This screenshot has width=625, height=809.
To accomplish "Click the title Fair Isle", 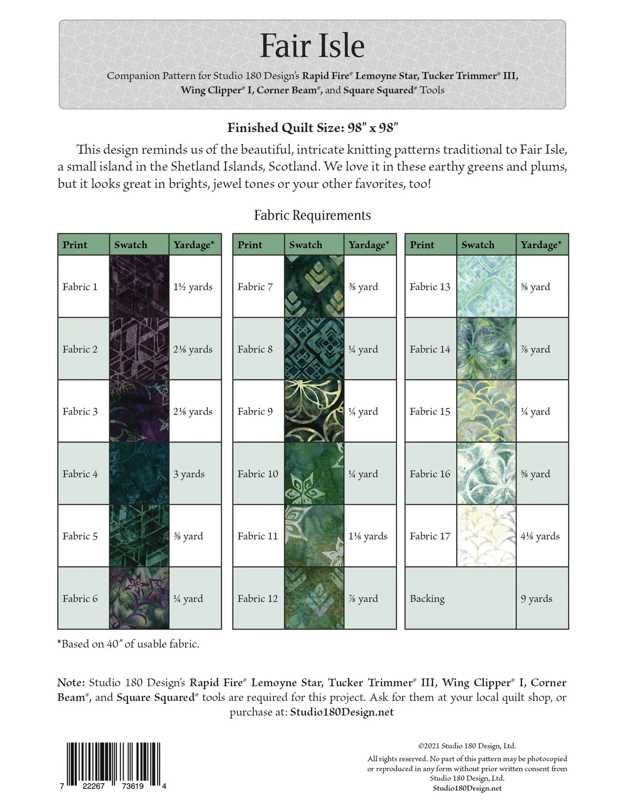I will click(312, 46).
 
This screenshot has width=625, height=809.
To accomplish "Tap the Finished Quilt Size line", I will click(312, 128).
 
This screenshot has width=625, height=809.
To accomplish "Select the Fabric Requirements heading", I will click(312, 215).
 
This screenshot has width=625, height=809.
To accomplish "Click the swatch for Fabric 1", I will click(139, 286).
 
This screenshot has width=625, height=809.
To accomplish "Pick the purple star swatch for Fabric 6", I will click(139, 598).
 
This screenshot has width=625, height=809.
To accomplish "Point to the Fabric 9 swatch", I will click(314, 411).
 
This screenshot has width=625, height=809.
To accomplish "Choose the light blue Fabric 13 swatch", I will click(486, 286).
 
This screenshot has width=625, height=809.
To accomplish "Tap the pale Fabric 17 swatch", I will click(486, 536).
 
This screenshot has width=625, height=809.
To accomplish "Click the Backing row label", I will click(427, 598).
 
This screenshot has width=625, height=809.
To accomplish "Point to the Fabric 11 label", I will click(257, 536).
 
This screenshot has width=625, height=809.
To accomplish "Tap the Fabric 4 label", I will click(80, 474).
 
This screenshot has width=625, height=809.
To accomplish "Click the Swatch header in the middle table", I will click(306, 245).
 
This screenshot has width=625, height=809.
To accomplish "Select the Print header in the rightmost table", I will click(422, 245).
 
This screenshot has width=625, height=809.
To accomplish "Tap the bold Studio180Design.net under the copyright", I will click(467, 788).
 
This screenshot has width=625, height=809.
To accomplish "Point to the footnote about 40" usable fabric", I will click(128, 644).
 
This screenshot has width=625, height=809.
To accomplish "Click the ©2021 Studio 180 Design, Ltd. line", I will click(467, 746).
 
